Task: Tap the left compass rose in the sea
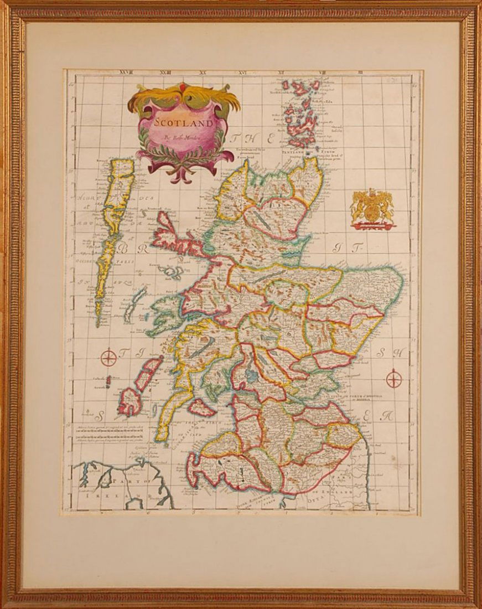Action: coord(108,357)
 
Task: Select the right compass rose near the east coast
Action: coord(393,380)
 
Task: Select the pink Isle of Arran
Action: coord(201,407)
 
